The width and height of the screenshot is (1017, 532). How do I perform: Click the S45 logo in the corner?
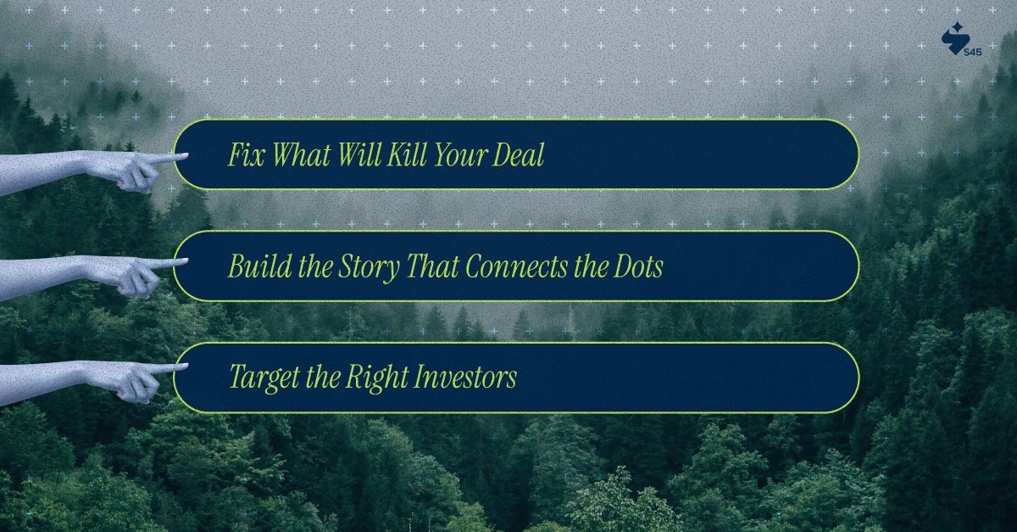(959, 39)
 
